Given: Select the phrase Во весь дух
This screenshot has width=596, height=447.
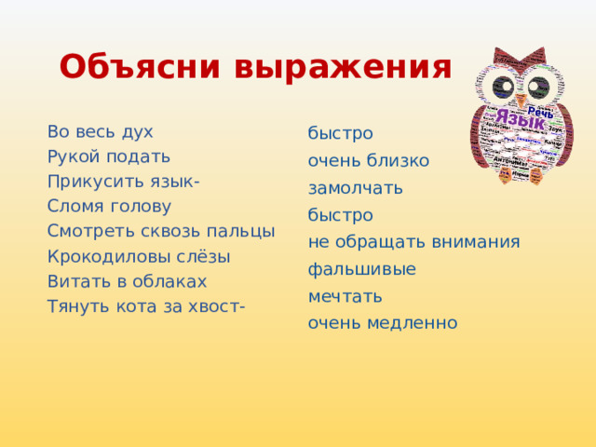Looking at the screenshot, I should click(100, 131).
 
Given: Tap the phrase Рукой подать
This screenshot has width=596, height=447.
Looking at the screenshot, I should click(109, 156).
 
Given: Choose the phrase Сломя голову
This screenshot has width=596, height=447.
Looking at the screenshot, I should click(109, 207).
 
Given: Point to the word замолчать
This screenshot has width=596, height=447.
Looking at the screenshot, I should click(356, 188).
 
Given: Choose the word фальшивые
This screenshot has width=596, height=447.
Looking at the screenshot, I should click(362, 269).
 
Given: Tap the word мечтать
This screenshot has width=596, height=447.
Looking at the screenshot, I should click(345, 297).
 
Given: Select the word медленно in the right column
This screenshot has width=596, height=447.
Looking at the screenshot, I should click(411, 324).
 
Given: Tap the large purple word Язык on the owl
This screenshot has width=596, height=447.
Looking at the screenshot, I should click(519, 119).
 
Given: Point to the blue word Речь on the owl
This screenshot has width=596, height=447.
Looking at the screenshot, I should click(540, 112).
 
